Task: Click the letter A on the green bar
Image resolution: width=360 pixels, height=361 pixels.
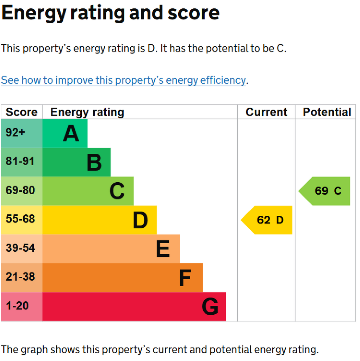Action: (71, 134)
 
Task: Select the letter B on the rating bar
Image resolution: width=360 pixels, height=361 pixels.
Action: (94, 163)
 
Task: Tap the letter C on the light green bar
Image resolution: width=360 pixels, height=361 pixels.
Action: (117, 191)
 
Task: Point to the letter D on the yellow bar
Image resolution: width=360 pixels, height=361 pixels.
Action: (140, 220)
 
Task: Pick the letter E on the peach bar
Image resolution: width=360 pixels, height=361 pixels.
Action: (163, 249)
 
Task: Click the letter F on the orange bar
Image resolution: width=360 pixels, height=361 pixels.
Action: (185, 278)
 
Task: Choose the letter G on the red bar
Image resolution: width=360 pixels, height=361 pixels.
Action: (210, 307)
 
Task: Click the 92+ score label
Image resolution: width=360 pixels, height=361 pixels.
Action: (15, 133)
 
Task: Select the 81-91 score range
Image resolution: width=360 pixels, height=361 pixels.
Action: (20, 161)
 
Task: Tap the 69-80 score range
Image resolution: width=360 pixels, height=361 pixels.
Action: (20, 190)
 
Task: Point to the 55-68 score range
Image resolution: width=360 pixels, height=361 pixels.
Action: (20, 219)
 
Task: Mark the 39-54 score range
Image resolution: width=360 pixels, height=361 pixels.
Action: (20, 248)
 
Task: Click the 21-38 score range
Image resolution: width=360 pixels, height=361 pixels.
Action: (20, 277)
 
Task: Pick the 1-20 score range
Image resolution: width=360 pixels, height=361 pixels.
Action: (17, 306)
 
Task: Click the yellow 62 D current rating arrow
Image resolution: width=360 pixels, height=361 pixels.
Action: (268, 220)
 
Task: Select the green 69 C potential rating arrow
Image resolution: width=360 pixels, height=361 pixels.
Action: (326, 191)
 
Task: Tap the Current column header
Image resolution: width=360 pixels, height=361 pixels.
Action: (266, 112)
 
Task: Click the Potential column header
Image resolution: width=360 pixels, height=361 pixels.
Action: (327, 112)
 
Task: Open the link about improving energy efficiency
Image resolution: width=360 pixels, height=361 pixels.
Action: (123, 80)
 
